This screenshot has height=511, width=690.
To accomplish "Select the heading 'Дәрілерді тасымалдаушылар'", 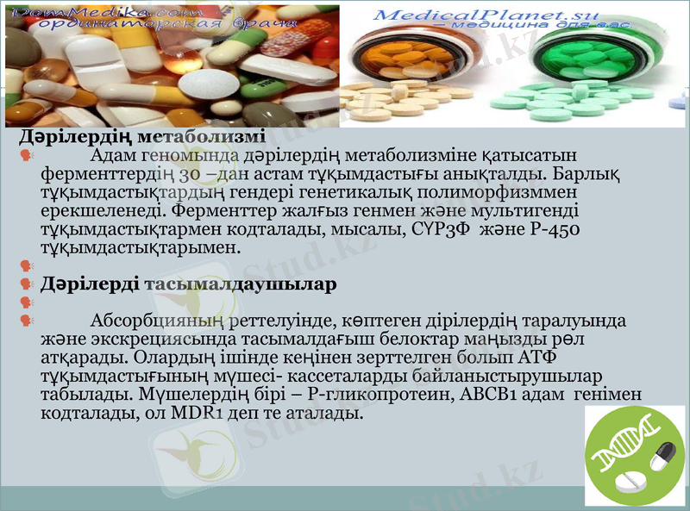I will [188, 284].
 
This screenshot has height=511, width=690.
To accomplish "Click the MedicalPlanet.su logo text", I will [463, 16].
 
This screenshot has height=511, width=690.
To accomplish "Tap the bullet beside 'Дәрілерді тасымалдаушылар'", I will [25, 284].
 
